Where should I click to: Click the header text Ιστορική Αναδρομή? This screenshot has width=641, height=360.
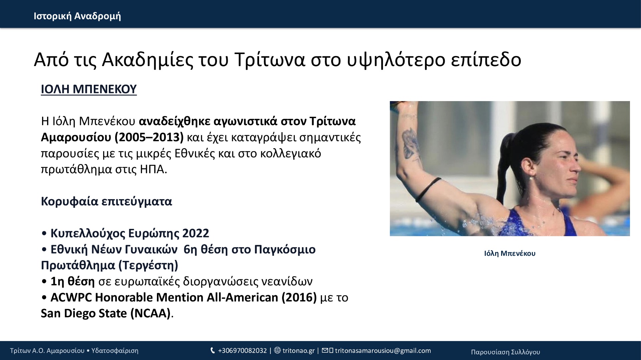77,16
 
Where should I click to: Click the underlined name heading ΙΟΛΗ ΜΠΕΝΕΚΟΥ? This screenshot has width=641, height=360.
89,89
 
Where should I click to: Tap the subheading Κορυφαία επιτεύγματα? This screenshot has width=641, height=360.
106,202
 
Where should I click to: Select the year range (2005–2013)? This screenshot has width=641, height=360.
149,137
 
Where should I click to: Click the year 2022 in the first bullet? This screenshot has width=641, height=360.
196,233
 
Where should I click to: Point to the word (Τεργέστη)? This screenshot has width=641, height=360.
148,266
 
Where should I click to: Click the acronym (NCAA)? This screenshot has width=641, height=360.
151,314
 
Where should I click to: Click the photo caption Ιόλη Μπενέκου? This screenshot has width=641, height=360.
510,254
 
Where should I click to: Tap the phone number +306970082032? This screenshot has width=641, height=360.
242,351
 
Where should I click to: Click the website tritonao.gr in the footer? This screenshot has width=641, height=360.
298,351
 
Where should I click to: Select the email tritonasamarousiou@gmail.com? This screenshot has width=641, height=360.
383,351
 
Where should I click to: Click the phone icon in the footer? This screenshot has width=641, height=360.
213,351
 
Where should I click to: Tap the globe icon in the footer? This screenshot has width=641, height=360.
277,351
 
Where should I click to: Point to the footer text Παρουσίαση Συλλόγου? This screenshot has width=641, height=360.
505,352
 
